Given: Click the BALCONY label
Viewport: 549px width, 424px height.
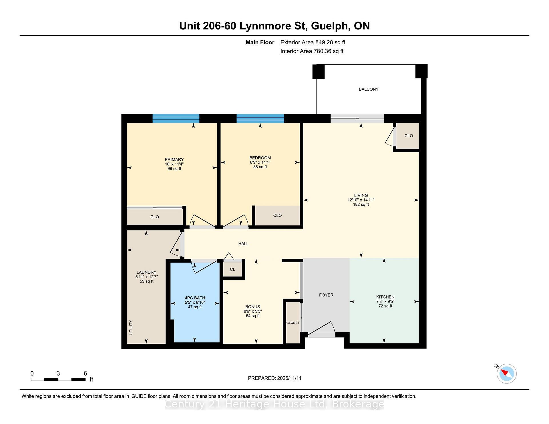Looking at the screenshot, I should tap(369, 89).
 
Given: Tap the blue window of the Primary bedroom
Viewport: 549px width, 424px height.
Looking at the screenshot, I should tap(176, 118).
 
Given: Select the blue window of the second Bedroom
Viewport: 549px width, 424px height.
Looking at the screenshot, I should tap(260, 118).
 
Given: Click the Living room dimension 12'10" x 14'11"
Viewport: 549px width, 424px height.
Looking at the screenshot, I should tap(361, 200).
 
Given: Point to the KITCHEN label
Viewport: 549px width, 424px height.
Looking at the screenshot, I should tap(385, 297).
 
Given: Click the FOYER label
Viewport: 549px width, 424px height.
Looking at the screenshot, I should tap(326, 295).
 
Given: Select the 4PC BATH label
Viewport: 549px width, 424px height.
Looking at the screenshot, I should tap(195, 298).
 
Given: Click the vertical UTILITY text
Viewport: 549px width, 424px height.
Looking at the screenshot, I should tap(131, 327).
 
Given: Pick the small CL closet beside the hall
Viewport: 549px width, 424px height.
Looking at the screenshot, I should tap(232, 269).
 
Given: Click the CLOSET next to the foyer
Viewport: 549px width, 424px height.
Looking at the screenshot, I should tap(293, 323).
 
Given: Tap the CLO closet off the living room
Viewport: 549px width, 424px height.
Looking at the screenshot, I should tap(409, 136).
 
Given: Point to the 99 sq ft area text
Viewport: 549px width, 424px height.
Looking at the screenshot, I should tap(174, 169).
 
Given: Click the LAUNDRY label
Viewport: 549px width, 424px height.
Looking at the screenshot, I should tap(146, 272).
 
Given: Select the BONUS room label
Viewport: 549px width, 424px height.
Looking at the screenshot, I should tap(252, 307).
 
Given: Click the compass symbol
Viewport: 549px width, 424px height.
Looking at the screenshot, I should tap(506, 373).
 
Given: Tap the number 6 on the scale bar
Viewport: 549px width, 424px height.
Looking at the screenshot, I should tap(85, 373).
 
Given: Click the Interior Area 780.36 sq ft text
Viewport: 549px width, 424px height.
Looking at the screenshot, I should tap(312, 51).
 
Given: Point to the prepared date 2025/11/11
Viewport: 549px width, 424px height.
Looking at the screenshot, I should tap(289, 378).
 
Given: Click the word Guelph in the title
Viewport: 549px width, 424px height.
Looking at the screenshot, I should tap(330, 26).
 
